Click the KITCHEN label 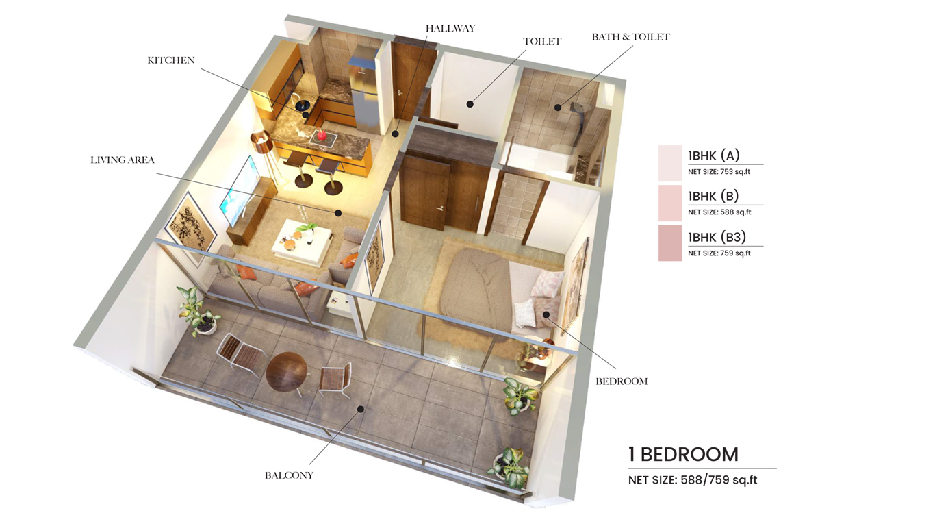(x=171, y=60)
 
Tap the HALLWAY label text (x=450, y=29)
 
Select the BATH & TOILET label (x=630, y=37)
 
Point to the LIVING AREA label (x=123, y=160)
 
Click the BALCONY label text (x=289, y=475)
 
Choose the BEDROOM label (x=622, y=381)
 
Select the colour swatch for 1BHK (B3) (x=669, y=243)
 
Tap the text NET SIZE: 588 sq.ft (x=719, y=212)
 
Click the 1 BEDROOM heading (x=683, y=454)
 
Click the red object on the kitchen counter (x=321, y=134)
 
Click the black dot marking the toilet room (x=470, y=105)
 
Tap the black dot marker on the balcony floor (x=359, y=409)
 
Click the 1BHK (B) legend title (x=713, y=196)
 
